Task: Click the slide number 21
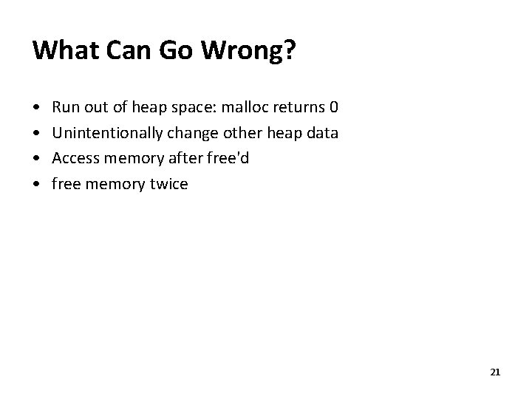(x=495, y=372)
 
